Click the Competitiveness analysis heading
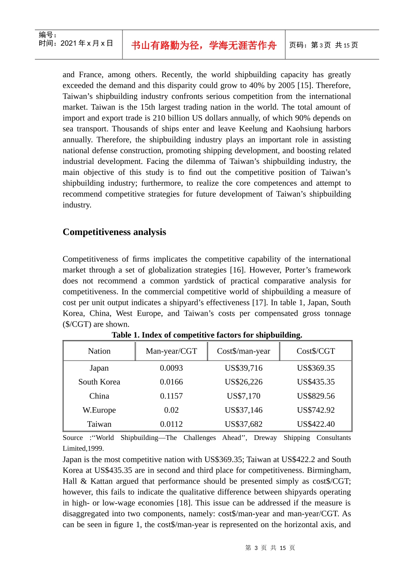[x=114, y=232]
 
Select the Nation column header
[x=99, y=351]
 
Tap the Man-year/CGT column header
[x=171, y=351]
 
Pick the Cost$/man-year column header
[x=244, y=351]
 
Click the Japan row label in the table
[x=99, y=368]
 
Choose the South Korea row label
[x=99, y=382]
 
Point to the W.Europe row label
[x=99, y=410]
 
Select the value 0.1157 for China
[x=171, y=396]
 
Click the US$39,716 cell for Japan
[x=244, y=368]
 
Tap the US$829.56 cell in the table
[x=316, y=396]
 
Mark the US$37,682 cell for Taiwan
[x=244, y=424]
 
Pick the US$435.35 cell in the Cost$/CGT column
[x=316, y=382]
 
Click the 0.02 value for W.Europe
[x=171, y=410]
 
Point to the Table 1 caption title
[x=207, y=335]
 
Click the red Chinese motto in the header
[x=204, y=45]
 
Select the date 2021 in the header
[x=68, y=43]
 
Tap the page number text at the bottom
[x=270, y=548]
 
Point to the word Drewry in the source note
[x=265, y=437]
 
